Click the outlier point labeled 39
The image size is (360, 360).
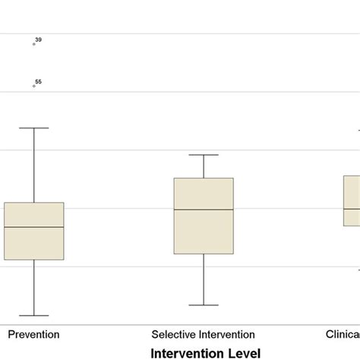pos(34,44)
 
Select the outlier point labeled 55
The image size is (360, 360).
pos(34,86)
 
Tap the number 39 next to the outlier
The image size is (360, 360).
pos(39,39)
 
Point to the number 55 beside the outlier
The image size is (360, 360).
pos(39,81)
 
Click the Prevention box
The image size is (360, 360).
pos(34,243)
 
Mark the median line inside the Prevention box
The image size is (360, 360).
pos(34,227)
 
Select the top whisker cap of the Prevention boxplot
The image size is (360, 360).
pos(34,128)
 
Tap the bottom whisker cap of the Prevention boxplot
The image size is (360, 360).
pos(34,315)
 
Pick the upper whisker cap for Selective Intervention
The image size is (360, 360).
pos(204,155)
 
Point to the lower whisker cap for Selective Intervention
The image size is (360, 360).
pos(204,305)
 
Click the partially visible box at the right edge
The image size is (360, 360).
pos(351,217)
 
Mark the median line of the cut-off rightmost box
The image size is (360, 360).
pos(351,209)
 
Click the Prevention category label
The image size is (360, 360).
pos(34,334)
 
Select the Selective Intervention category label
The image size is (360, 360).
pos(204,334)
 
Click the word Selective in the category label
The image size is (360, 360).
pos(172,334)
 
